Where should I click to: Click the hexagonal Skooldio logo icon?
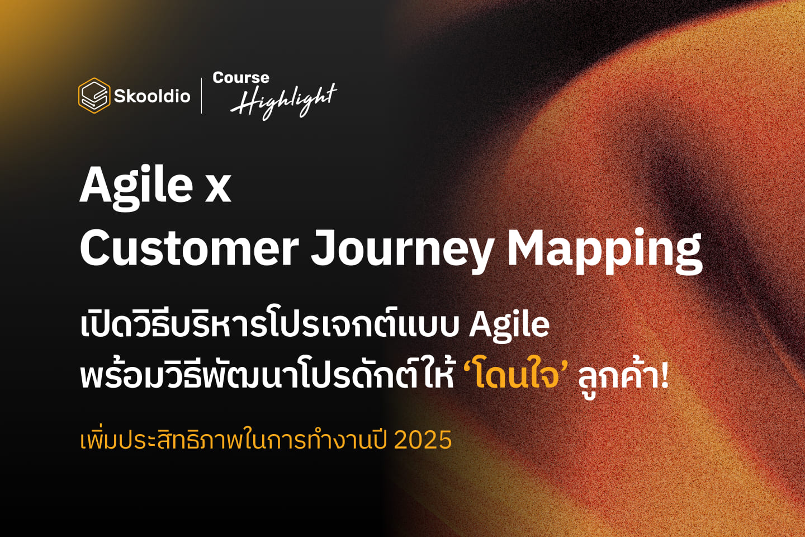click(x=93, y=96)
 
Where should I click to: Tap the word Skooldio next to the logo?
click(x=152, y=96)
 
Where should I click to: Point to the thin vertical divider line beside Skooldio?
click(x=202, y=96)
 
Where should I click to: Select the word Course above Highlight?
click(x=241, y=78)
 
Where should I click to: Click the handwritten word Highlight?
click(x=283, y=101)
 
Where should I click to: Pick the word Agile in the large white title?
click(x=136, y=186)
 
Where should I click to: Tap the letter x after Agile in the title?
click(x=218, y=188)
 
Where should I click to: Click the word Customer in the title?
click(x=189, y=249)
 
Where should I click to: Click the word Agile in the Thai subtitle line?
click(x=509, y=326)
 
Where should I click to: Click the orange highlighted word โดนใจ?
click(x=516, y=375)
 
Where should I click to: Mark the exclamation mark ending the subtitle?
click(x=664, y=375)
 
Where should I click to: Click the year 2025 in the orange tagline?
click(x=423, y=440)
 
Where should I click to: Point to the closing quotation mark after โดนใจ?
click(x=565, y=365)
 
